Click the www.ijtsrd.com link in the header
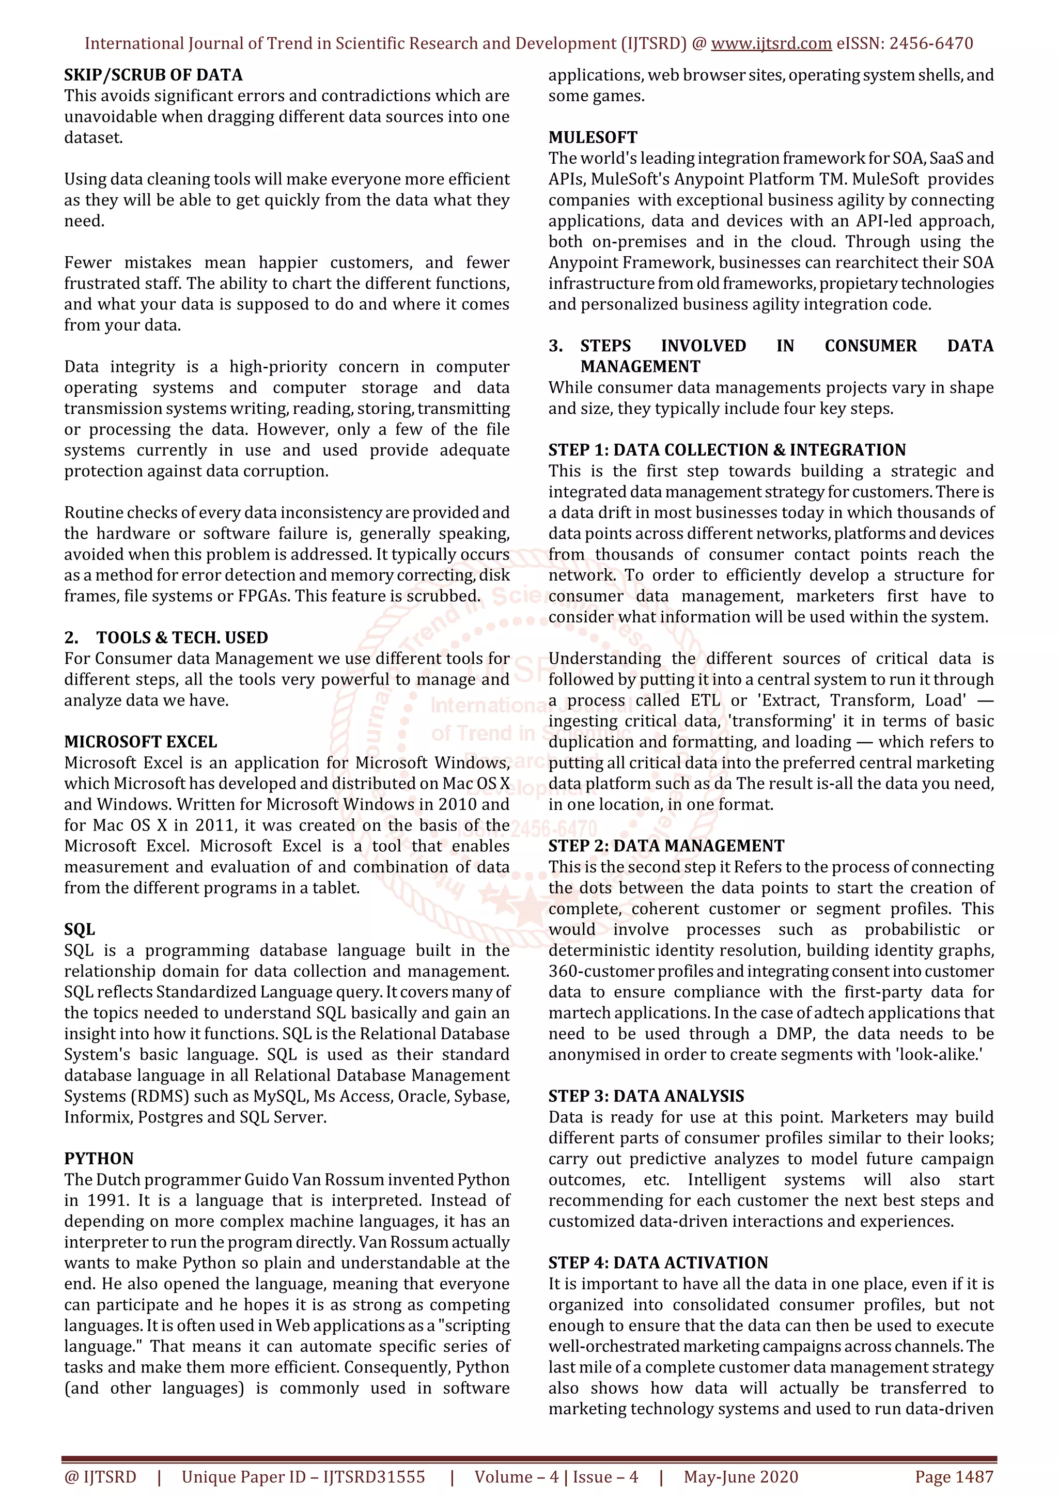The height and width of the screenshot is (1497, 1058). [771, 44]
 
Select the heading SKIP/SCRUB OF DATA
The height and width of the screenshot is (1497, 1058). [153, 75]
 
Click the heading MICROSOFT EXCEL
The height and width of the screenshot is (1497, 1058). [140, 741]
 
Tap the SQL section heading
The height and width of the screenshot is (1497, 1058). [80, 929]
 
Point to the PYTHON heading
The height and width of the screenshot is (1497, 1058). [99, 1159]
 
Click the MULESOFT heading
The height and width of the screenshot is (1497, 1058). [593, 137]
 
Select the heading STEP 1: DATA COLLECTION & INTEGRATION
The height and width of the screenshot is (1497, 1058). [726, 450]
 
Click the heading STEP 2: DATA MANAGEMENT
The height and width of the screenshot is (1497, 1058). [666, 846]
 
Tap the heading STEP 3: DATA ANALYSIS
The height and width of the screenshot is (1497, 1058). [646, 1096]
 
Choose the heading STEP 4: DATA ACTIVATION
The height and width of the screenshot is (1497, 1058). [658, 1263]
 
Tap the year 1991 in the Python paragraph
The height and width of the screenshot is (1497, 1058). [107, 1200]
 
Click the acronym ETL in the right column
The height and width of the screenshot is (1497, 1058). [705, 700]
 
